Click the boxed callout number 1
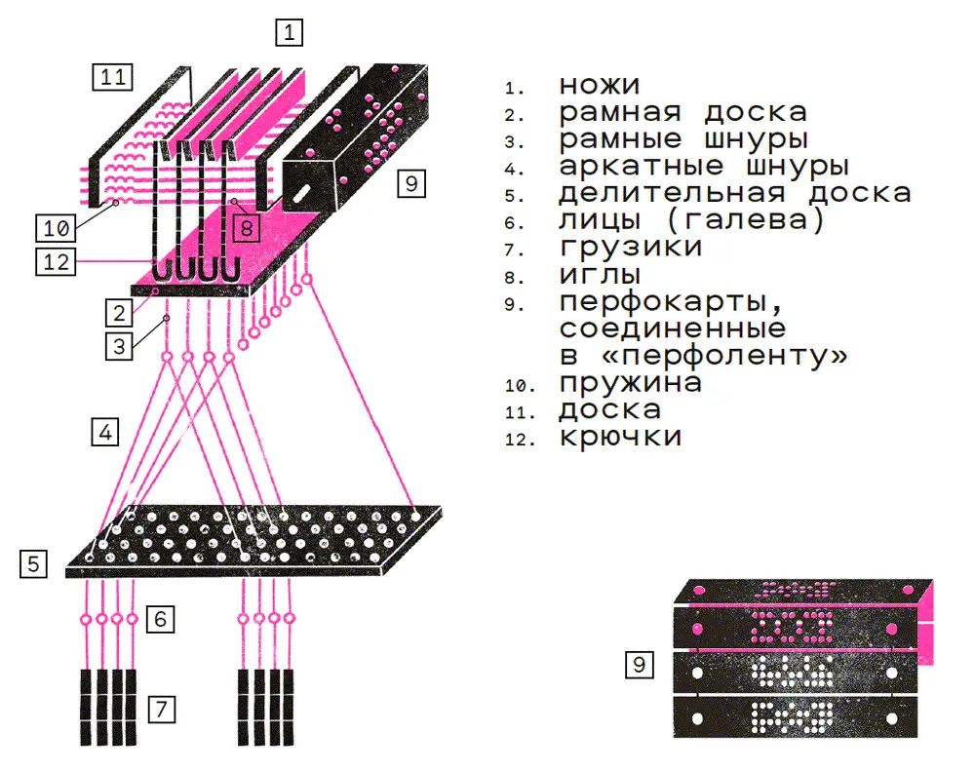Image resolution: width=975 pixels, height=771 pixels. tap(289, 33)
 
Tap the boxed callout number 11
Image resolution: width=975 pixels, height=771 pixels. tap(114, 77)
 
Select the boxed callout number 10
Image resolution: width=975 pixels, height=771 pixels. tap(54, 229)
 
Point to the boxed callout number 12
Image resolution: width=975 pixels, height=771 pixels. tap(54, 261)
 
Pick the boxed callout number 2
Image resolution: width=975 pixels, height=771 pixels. tap(118, 313)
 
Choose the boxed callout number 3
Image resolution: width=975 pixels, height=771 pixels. tap(118, 345)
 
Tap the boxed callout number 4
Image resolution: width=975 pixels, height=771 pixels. tap(104, 432)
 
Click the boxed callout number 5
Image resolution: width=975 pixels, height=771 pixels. tap(34, 562)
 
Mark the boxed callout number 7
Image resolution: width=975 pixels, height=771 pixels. tap(162, 710)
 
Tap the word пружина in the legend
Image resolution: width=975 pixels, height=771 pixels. tap(630, 383)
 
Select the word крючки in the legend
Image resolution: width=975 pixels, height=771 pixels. tap(620, 437)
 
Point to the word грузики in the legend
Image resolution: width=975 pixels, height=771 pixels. tap(630, 248)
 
